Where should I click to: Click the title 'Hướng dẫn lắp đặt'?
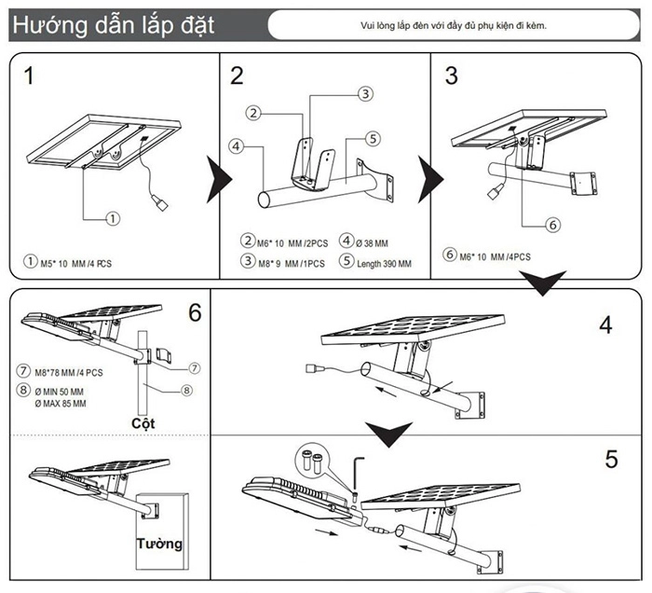(x=113, y=25)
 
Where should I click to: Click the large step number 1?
(x=29, y=76)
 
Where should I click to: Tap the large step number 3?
(x=452, y=76)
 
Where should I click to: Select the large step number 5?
(x=611, y=459)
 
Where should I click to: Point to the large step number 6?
(x=195, y=312)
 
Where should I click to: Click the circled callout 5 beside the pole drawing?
(x=373, y=139)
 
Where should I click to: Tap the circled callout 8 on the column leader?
(x=186, y=391)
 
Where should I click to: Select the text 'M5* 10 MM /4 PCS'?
(x=76, y=264)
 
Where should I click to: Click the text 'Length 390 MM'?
(x=384, y=264)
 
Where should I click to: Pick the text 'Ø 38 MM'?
(x=372, y=243)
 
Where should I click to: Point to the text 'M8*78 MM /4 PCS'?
(x=69, y=373)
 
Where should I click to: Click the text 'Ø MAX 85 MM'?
(x=61, y=403)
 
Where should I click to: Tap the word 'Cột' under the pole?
(x=143, y=423)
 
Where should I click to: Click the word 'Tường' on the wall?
(x=159, y=544)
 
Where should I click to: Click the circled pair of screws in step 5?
(x=312, y=461)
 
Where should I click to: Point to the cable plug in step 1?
(x=159, y=201)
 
